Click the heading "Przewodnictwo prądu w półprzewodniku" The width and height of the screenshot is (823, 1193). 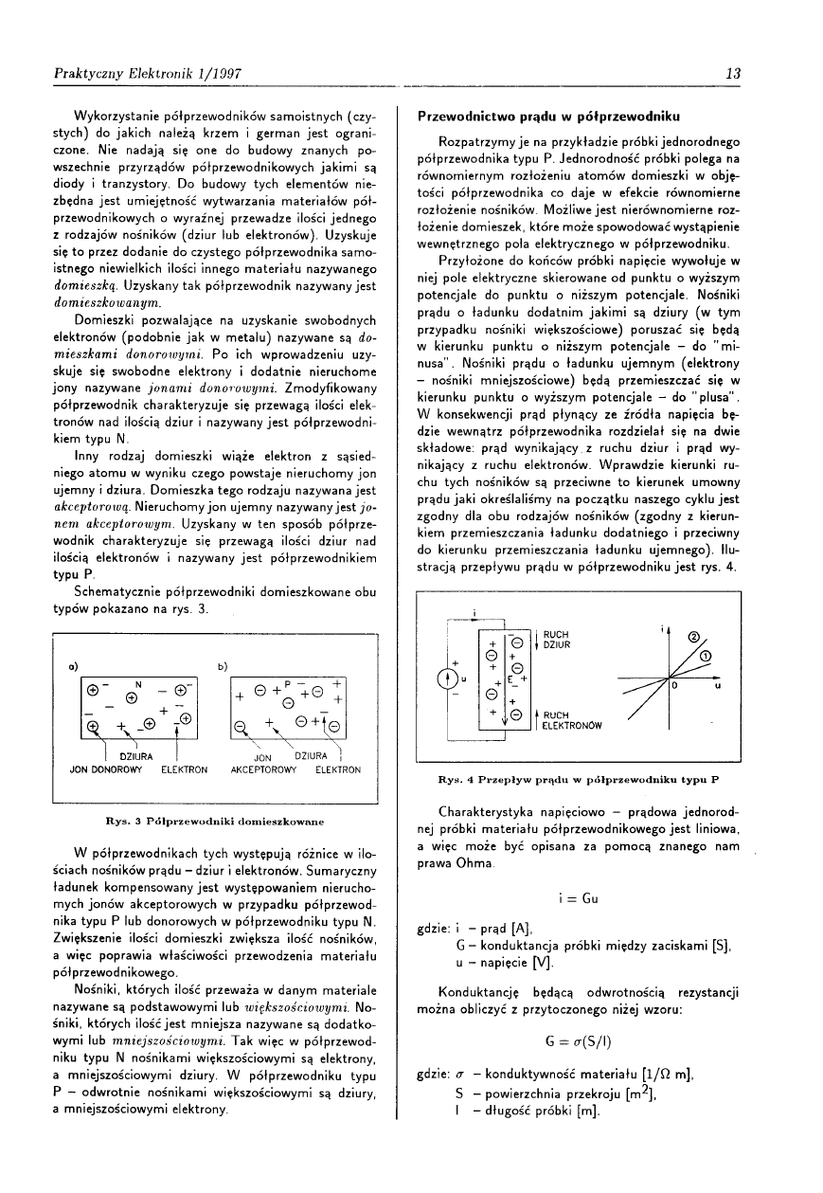[x=549, y=117]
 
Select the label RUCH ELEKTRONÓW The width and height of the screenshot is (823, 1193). [x=570, y=722]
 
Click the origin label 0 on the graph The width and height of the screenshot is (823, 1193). [x=674, y=686]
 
